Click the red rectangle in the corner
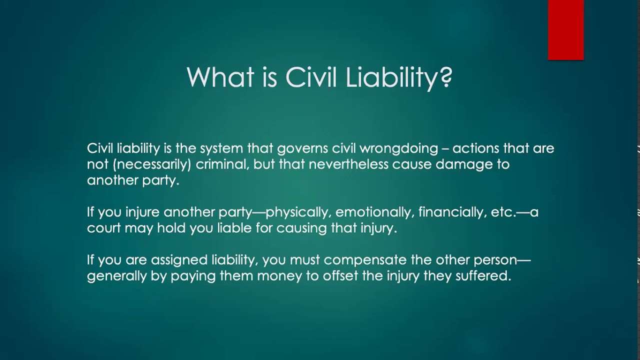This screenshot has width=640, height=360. pyautogui.click(x=565, y=30)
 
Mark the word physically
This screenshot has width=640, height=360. pyautogui.click(x=298, y=212)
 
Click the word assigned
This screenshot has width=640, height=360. pyautogui.click(x=178, y=260)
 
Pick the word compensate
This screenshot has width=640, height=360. pyautogui.click(x=370, y=260)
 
